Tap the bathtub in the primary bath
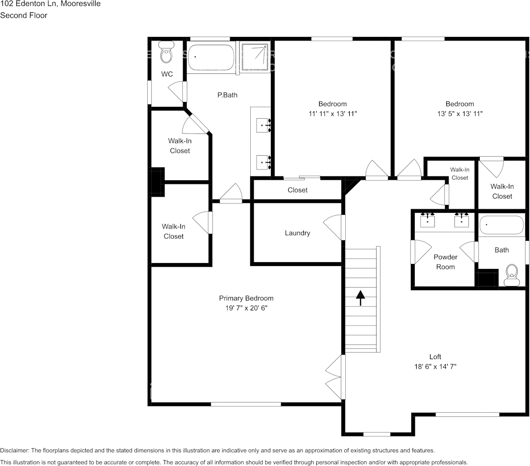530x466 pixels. point(211,59)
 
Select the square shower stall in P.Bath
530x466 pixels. point(256,57)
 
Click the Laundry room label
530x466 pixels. point(298,233)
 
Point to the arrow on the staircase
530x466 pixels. point(361,298)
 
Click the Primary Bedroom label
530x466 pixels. point(246,298)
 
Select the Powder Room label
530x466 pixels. point(445,262)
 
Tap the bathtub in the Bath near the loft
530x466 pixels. point(502,225)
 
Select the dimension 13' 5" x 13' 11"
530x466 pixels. point(460,113)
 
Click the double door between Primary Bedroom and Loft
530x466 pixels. point(335,378)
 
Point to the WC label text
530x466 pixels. point(167,74)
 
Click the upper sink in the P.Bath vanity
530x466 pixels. point(262,126)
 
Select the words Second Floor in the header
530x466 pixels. point(24,15)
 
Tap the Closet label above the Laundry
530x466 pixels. point(298,190)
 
